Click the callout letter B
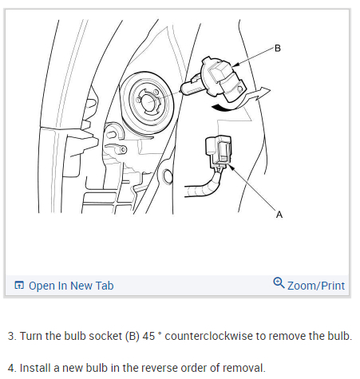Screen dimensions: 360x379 click(278, 49)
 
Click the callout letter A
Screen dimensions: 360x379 click(279, 215)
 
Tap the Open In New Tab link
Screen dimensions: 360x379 click(71, 286)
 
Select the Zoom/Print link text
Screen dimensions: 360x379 click(316, 286)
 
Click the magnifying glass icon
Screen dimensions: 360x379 click(279, 282)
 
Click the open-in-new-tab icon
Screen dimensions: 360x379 click(19, 285)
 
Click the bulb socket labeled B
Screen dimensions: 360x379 click(223, 79)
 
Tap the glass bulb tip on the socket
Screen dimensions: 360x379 click(191, 85)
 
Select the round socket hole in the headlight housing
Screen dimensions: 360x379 click(148, 101)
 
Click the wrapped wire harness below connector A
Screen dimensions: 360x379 click(204, 186)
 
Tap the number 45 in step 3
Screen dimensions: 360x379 click(148, 336)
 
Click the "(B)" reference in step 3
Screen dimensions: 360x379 click(133, 337)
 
